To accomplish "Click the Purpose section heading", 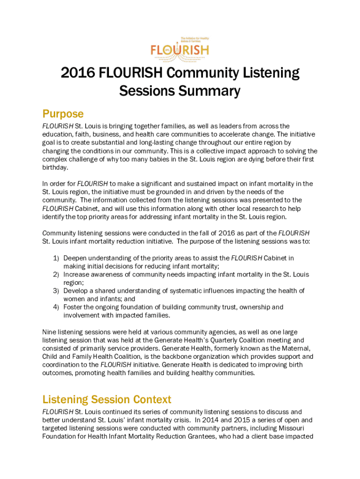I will pyautogui.click(x=63, y=114).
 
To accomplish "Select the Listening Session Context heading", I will pyautogui.click(x=107, y=399).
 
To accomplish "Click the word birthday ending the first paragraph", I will pyautogui.click(x=55, y=167).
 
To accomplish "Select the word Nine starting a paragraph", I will pyautogui.click(x=49, y=332).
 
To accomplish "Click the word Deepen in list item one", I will pyautogui.click(x=76, y=258).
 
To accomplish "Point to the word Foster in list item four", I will pyautogui.click(x=73, y=307).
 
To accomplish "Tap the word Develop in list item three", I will pyautogui.click(x=76, y=291).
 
